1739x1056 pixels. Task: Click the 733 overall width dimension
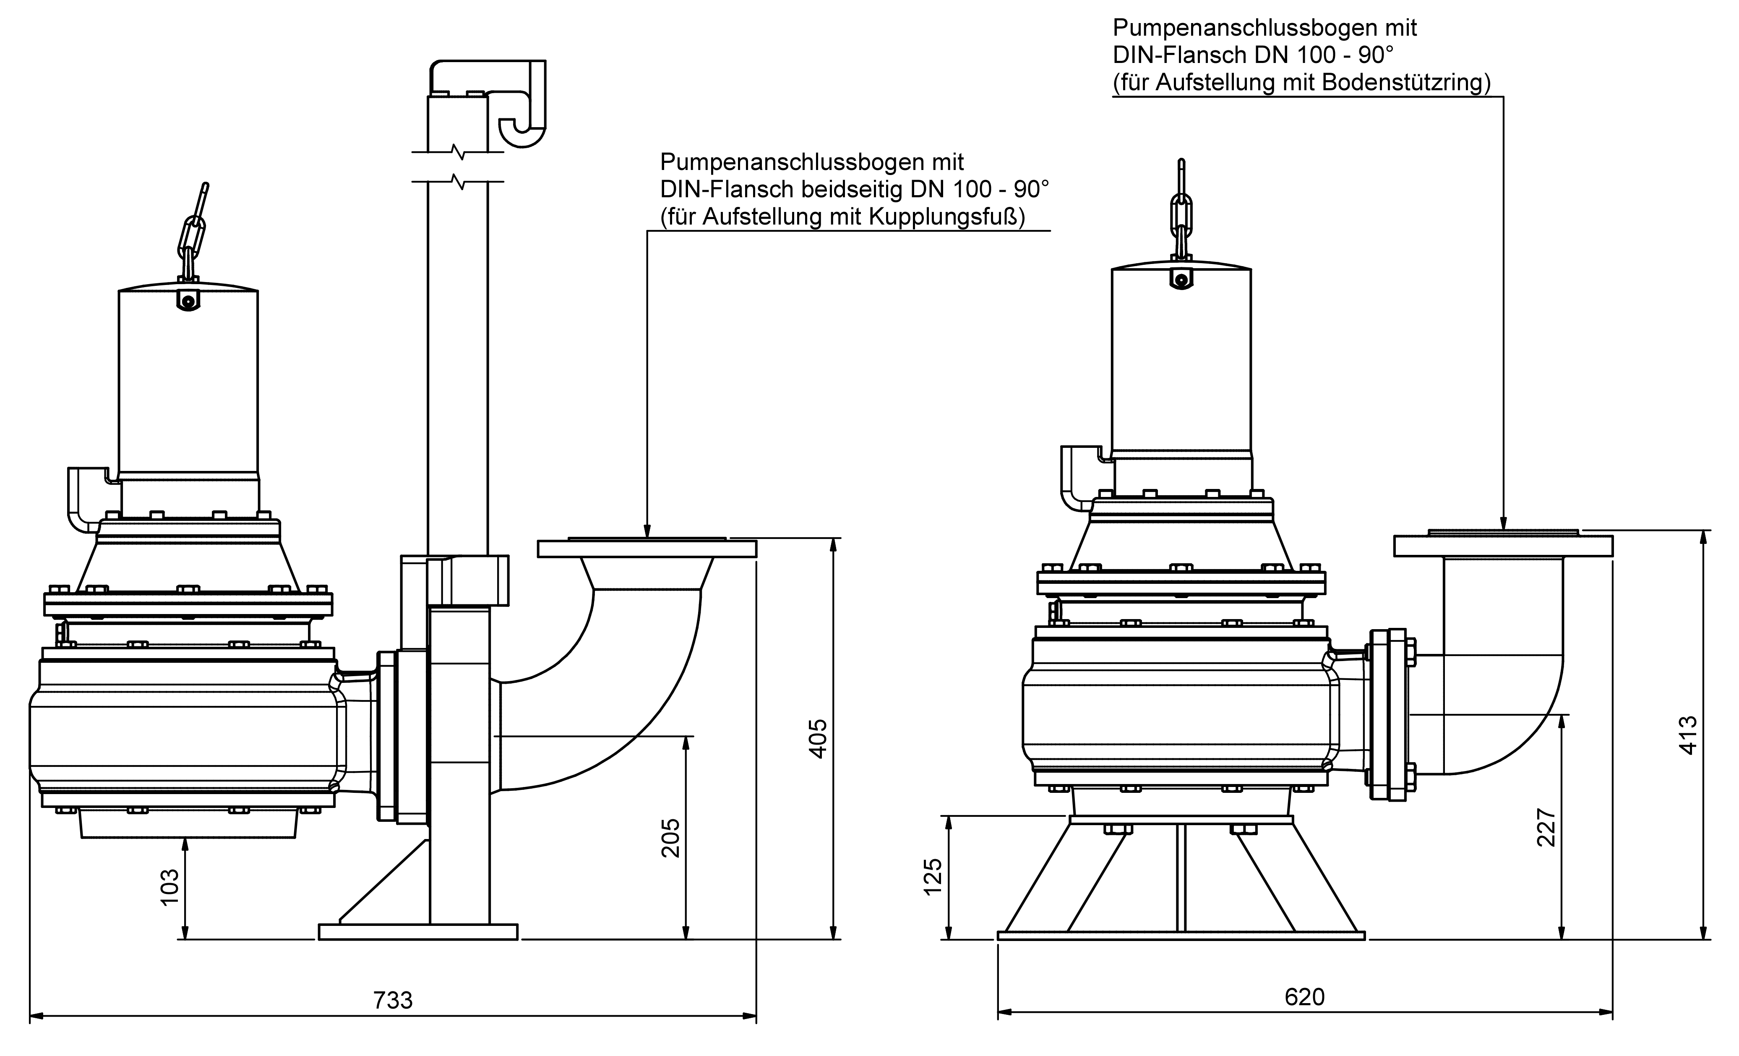pyautogui.click(x=392, y=1000)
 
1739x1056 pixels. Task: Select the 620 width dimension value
pyautogui.click(x=1304, y=997)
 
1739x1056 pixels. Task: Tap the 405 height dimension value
pyautogui.click(x=817, y=738)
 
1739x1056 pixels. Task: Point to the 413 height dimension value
pyautogui.click(x=1687, y=735)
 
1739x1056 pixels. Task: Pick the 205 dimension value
pyautogui.click(x=670, y=837)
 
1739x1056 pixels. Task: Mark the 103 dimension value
pyautogui.click(x=170, y=886)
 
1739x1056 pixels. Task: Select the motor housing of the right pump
pyautogui.click(x=1181, y=360)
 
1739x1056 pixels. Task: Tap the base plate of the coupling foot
pyautogui.click(x=418, y=932)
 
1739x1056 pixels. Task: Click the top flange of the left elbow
pyautogui.click(x=647, y=549)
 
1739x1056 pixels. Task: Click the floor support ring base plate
pyautogui.click(x=1181, y=936)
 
